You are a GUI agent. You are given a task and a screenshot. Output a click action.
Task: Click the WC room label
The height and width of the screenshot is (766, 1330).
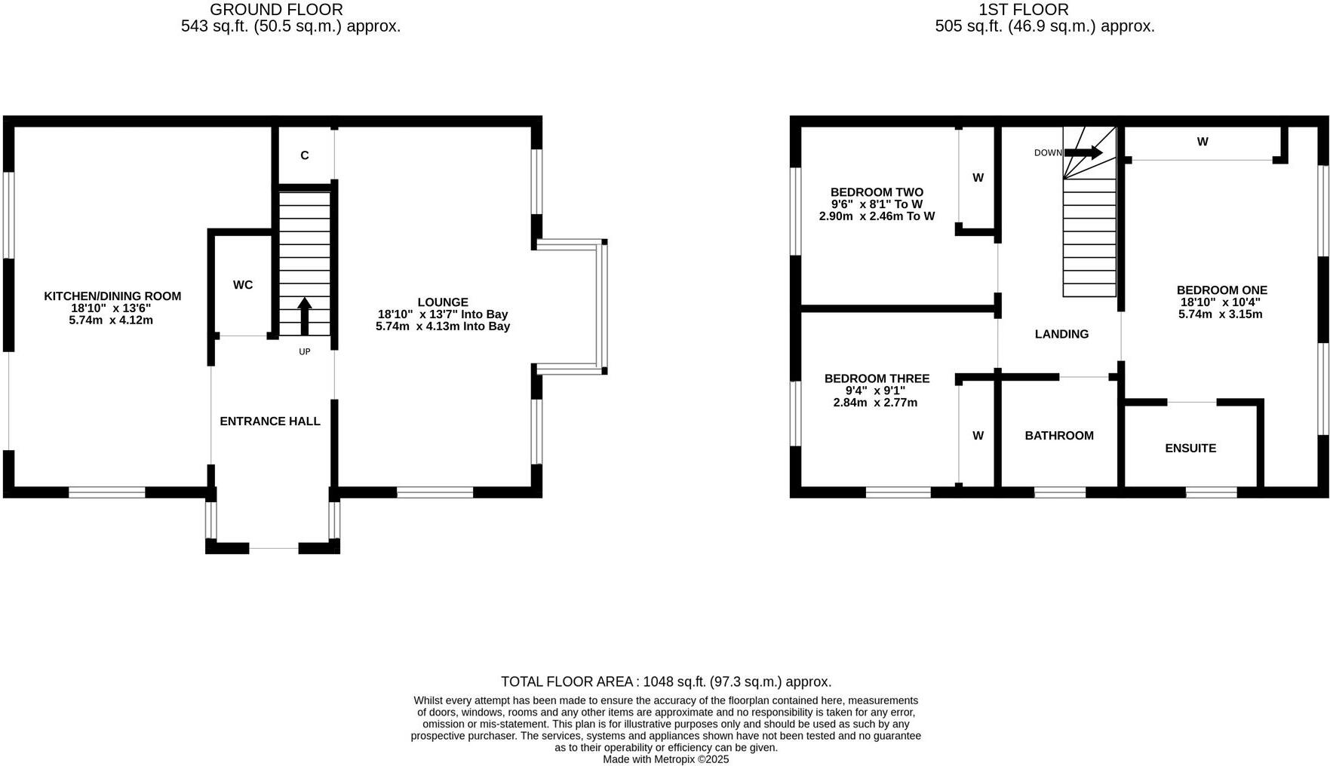[x=243, y=285]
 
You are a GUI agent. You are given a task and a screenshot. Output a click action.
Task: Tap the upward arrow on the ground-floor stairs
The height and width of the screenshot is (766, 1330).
[x=305, y=315]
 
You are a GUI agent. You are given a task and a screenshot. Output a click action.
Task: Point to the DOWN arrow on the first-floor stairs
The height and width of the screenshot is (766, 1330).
[x=1083, y=152]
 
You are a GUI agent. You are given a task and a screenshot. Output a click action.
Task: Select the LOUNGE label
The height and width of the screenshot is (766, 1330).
[x=443, y=302]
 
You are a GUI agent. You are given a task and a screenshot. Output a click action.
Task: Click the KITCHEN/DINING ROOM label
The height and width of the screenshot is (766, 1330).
[x=112, y=296]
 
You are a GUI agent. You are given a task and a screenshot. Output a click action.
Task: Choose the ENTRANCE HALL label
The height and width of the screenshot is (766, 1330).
[x=270, y=421]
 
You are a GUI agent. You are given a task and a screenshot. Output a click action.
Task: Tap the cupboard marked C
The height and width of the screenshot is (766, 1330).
[x=305, y=155]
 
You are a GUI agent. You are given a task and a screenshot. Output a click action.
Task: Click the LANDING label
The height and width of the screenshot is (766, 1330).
[x=1061, y=334]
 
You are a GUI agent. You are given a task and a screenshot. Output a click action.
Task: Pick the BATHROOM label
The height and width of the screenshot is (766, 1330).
[x=1059, y=436]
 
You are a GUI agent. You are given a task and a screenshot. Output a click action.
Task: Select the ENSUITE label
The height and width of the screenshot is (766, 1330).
[x=1190, y=448]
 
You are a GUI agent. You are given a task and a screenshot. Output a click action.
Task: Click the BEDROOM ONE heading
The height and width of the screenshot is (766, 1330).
[x=1222, y=290]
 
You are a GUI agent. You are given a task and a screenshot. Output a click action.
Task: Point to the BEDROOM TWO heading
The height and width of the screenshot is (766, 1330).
[x=877, y=192]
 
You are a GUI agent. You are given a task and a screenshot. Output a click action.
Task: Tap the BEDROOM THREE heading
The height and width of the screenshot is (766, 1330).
[x=877, y=378]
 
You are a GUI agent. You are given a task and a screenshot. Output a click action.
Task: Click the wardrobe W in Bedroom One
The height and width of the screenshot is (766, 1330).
[x=1203, y=142]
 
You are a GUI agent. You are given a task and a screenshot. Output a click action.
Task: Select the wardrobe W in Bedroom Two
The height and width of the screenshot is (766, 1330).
[x=978, y=178]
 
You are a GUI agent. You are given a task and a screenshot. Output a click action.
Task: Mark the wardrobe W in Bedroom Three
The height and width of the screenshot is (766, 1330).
[x=978, y=436]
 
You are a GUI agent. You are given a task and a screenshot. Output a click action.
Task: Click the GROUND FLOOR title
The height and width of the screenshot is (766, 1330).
[x=276, y=10]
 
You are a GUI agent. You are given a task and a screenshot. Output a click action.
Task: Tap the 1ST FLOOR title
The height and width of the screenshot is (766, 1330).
[x=1023, y=10]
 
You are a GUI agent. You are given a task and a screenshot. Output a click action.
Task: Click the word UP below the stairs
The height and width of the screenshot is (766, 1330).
[x=305, y=351]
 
